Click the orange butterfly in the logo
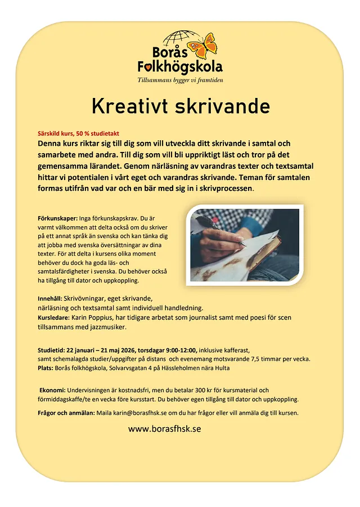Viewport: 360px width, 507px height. (x=202, y=46)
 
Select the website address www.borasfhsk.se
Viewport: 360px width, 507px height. (x=164, y=428)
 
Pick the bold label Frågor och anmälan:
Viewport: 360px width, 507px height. (x=66, y=412)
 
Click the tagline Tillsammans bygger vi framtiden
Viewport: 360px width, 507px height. (x=180, y=80)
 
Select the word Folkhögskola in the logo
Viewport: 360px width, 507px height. (x=180, y=67)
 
